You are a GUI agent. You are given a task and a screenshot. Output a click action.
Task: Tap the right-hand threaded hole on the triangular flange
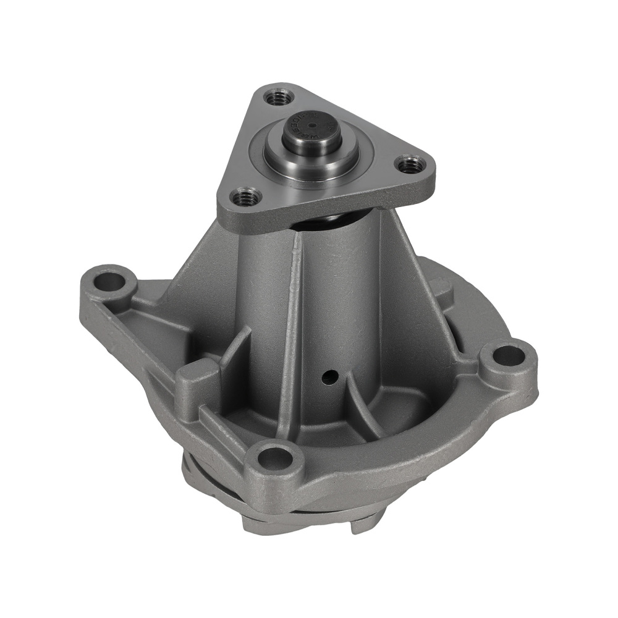[408, 165]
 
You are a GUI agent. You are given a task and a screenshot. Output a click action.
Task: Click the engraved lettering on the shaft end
[296, 123]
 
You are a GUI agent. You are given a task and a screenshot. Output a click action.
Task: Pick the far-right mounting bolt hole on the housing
[508, 356]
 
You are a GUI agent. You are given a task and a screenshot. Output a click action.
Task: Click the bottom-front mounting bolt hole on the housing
[275, 458]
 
